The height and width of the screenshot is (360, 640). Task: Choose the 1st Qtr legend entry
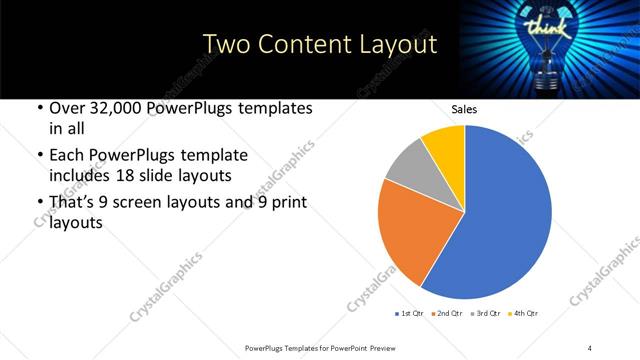(411, 314)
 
